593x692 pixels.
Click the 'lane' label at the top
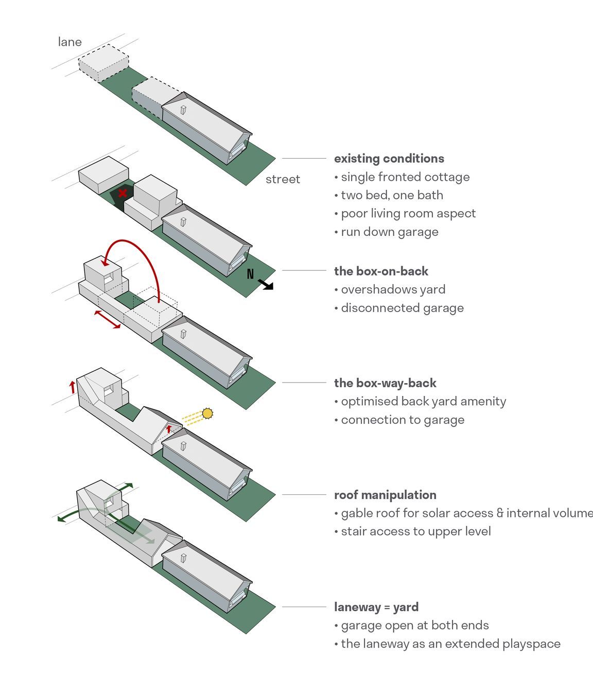click(x=69, y=42)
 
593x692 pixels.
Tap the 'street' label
click(x=283, y=179)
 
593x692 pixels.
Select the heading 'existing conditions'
click(x=389, y=159)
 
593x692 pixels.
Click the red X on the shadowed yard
click(x=123, y=193)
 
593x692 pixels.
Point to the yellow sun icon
click(x=207, y=413)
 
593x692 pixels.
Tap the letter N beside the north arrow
click(x=250, y=274)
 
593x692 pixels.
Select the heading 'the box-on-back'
click(x=381, y=271)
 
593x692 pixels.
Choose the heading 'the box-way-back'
click(x=385, y=383)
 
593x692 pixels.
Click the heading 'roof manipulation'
click(x=385, y=495)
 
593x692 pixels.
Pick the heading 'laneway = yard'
click(x=376, y=607)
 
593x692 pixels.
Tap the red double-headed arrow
click(x=108, y=319)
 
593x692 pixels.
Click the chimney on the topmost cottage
click(x=183, y=110)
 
